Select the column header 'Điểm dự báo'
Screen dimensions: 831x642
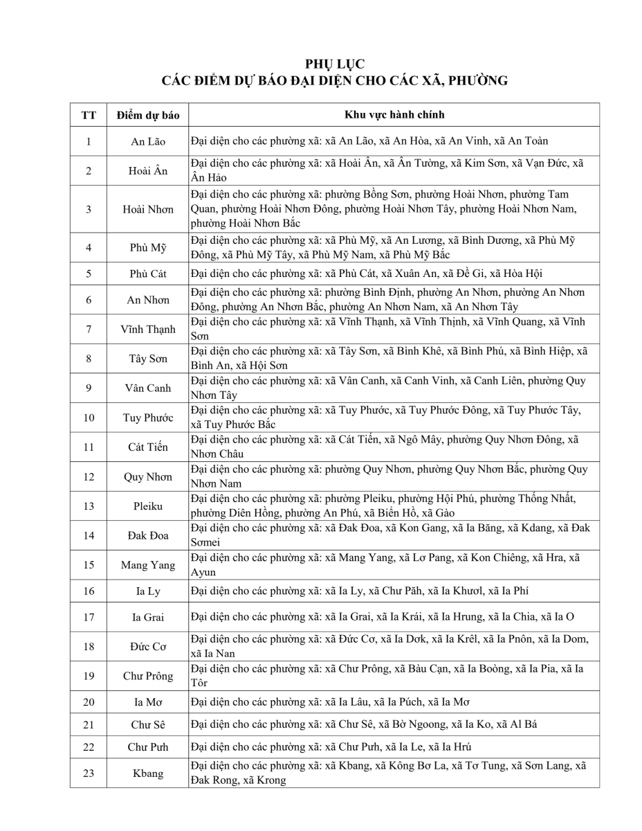tap(148, 115)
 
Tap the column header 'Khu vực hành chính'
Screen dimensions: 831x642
tap(394, 115)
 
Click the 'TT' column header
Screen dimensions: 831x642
tap(89, 115)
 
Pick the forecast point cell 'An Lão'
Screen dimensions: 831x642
tap(148, 141)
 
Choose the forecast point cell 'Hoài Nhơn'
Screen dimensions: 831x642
tap(148, 209)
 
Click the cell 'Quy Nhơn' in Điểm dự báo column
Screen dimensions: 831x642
tap(148, 476)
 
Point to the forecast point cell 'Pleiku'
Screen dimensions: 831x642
tap(148, 506)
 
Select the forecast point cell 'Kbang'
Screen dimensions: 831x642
tap(148, 773)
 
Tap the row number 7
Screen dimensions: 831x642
tap(89, 329)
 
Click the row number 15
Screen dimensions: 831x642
tap(89, 565)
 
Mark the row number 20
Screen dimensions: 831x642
tap(89, 702)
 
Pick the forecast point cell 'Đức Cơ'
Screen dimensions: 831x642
tap(148, 647)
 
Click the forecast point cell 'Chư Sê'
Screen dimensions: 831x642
tap(148, 725)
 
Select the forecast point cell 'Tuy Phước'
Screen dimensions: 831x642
tap(148, 418)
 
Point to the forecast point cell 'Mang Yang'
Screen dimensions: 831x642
tap(148, 565)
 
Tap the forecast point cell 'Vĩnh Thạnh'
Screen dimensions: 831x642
tap(148, 329)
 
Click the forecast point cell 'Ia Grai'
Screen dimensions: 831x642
tap(148, 617)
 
